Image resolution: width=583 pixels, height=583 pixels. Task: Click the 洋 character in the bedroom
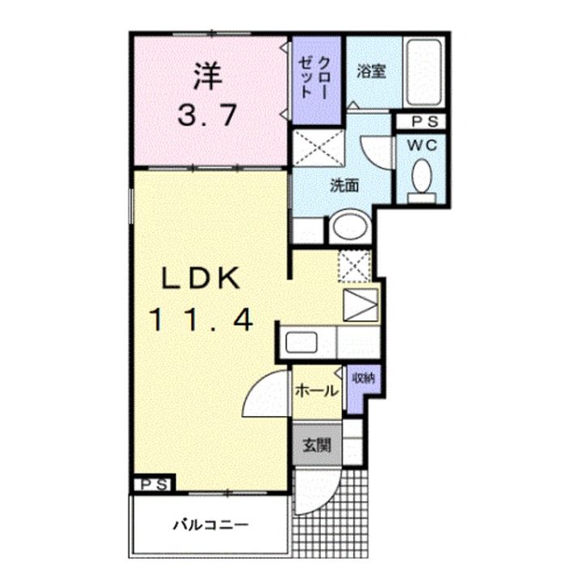pos(208,77)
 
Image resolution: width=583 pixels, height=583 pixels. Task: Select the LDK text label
pos(201,279)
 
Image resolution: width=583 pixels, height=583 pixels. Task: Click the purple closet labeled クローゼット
pos(317,80)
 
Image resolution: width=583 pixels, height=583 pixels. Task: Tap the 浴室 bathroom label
pos(371,71)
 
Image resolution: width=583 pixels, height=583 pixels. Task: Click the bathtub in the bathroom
pos(423,73)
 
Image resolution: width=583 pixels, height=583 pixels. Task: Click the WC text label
pos(422,146)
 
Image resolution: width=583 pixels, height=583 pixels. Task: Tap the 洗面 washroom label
pos(345,185)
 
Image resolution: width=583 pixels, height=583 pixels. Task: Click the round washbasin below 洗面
pos(350,226)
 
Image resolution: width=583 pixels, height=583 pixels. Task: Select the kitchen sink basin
pos(301,343)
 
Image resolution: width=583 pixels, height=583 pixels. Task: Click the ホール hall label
pos(317,391)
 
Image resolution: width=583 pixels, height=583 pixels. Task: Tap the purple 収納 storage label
pos(364,378)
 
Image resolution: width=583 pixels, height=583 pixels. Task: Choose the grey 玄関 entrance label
pos(317,445)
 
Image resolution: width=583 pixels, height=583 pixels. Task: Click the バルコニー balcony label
pos(211,525)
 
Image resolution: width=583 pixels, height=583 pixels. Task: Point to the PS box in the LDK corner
pos(155,484)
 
